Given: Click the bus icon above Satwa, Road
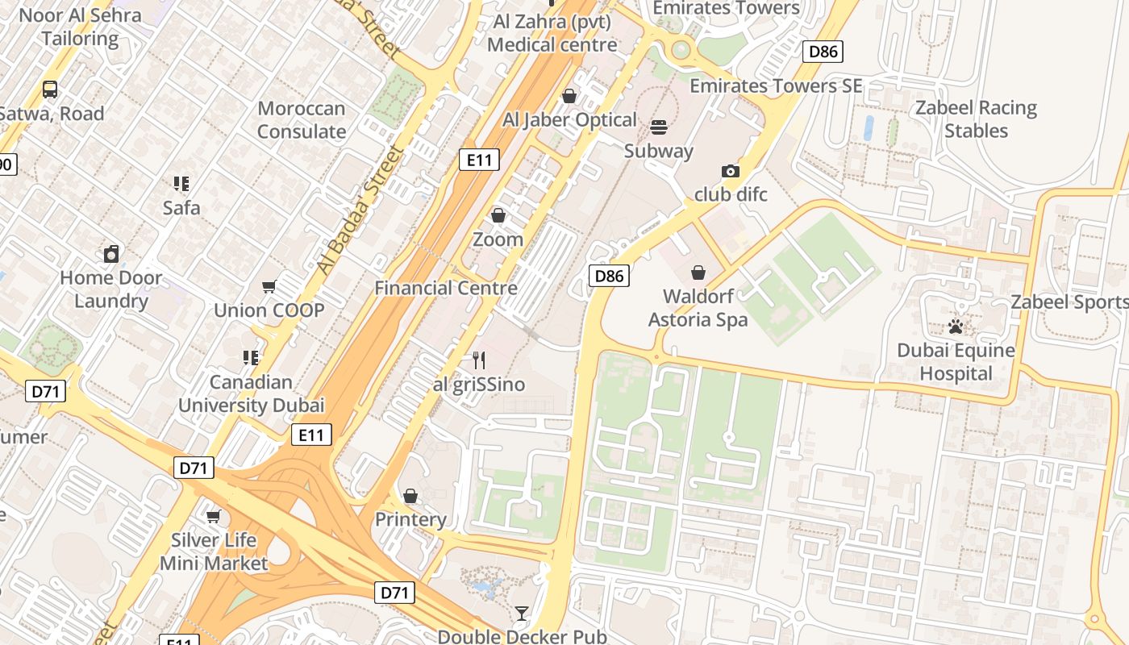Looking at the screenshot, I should (50, 89).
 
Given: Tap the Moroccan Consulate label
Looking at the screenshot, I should (301, 120).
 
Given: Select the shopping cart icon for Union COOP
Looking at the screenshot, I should (269, 286).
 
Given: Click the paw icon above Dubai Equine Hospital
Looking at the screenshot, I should (956, 327).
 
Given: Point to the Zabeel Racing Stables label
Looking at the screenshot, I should (976, 119).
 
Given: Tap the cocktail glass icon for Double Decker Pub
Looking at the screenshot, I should (522, 614).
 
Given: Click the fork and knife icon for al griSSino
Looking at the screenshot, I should (479, 360).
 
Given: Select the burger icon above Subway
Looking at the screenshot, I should (659, 127).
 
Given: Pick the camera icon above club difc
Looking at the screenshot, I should (731, 171).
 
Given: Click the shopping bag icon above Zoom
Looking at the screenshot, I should (498, 215).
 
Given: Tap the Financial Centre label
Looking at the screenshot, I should (446, 288).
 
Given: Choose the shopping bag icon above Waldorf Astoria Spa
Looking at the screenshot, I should (698, 273).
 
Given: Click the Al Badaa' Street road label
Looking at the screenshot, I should (360, 211).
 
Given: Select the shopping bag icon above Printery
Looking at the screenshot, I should (410, 495).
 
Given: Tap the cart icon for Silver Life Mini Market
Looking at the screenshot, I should (214, 516).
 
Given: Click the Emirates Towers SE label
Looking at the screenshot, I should (776, 85).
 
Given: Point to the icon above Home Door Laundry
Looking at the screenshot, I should (111, 254).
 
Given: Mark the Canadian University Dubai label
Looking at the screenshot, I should (251, 393).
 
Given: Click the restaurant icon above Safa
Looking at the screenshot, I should (181, 184).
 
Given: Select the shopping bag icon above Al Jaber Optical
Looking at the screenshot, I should (569, 96).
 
